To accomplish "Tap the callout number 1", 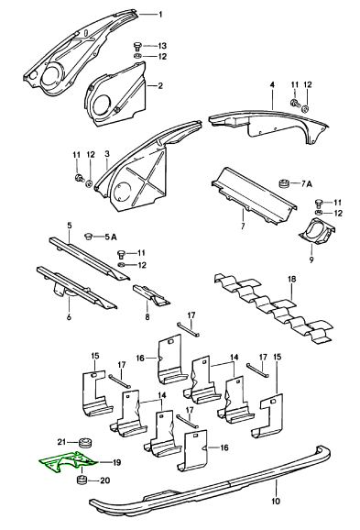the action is (160, 15).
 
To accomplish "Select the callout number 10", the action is (276, 501).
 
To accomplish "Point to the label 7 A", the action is (306, 184).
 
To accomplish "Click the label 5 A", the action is (110, 237).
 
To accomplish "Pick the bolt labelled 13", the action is (137, 45).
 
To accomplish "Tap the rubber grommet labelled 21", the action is (84, 442).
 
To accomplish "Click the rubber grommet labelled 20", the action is (81, 480).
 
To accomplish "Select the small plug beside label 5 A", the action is (90, 236).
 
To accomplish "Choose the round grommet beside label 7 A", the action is (285, 184).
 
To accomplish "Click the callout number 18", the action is (292, 279).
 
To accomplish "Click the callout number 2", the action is (160, 85).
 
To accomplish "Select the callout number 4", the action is (272, 84).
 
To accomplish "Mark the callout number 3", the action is (107, 154).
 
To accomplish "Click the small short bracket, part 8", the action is (151, 294).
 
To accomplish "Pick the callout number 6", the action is (69, 317).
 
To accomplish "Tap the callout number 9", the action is (311, 259).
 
